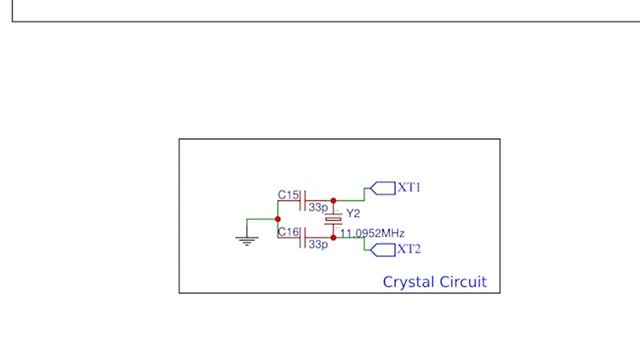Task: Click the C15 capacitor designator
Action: coord(287,194)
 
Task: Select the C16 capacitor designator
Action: coord(287,232)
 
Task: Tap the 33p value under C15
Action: coord(318,207)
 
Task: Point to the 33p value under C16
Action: coord(318,244)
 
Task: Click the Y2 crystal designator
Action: coord(353,213)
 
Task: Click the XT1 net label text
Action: coord(410,187)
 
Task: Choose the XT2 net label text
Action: coord(410,249)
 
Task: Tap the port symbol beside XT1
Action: coord(382,187)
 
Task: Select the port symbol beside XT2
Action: coord(382,248)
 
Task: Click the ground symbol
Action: coord(246,239)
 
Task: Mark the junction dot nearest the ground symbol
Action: coord(278,219)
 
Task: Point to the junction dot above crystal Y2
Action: coord(333,201)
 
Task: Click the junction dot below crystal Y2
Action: coord(333,238)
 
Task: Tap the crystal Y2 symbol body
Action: coord(333,218)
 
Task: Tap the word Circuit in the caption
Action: coord(465,282)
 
